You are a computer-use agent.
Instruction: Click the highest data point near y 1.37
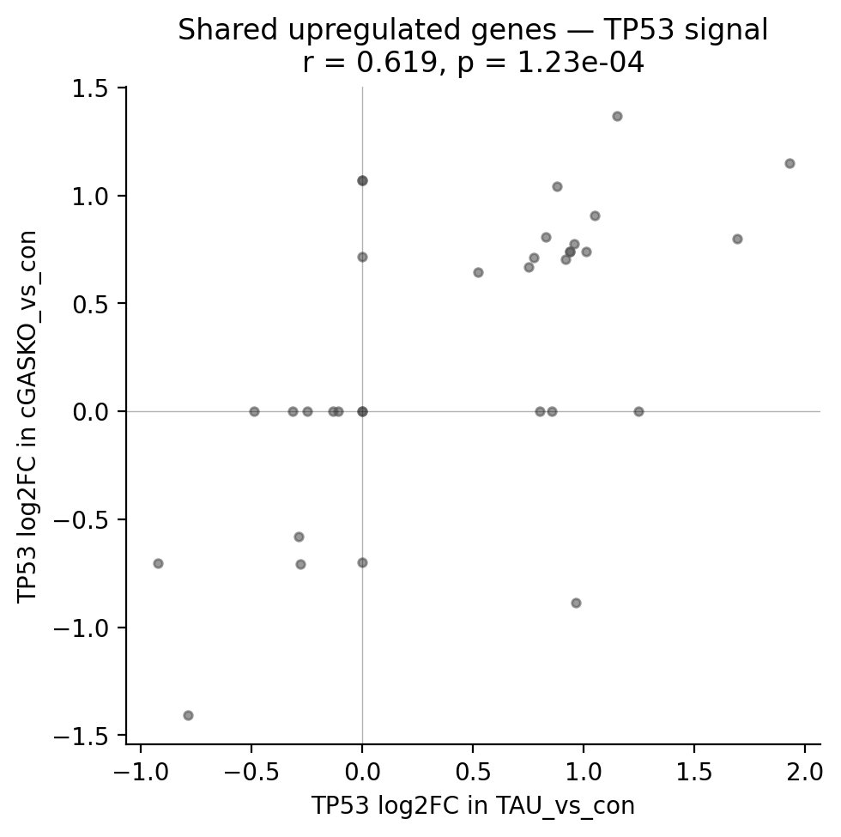(x=617, y=116)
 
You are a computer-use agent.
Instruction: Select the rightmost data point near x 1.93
(x=790, y=163)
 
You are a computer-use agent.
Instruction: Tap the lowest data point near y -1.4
(x=188, y=715)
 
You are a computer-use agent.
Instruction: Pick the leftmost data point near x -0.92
(x=158, y=563)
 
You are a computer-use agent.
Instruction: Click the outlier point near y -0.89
(x=576, y=603)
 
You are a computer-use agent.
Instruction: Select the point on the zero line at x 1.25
(x=638, y=411)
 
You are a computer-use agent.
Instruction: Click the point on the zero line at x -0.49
(x=254, y=411)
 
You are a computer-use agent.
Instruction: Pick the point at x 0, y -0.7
(x=362, y=562)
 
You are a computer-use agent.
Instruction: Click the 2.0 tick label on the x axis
(x=804, y=767)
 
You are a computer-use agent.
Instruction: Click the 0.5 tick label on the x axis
(x=473, y=767)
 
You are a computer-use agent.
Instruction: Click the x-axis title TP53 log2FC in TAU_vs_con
(x=473, y=806)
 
